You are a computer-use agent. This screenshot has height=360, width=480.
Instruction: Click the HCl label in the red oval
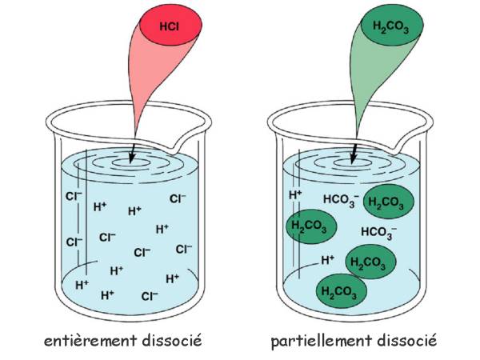(169, 27)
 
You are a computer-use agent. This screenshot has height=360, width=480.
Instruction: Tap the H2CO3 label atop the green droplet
(390, 27)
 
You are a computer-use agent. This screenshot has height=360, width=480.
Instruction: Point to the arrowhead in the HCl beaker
(131, 158)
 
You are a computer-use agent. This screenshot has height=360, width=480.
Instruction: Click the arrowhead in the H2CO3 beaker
(354, 158)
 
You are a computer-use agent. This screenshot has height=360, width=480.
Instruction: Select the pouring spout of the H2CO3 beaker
(397, 146)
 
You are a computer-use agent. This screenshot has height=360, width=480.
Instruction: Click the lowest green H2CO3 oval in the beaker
(342, 291)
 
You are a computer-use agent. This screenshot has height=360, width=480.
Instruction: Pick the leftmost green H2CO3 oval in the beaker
(311, 226)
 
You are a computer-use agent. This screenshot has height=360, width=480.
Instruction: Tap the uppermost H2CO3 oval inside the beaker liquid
(389, 202)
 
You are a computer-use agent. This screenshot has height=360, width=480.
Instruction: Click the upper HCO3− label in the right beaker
(341, 200)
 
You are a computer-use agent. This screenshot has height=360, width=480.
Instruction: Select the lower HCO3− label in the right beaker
(378, 232)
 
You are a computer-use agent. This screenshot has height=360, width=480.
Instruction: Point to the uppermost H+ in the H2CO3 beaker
(295, 194)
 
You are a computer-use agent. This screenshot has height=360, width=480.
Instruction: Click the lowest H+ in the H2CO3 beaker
(327, 260)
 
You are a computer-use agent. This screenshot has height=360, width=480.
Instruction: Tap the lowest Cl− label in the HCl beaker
(150, 296)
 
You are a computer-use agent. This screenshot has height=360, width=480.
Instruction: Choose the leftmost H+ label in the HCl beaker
(82, 285)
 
